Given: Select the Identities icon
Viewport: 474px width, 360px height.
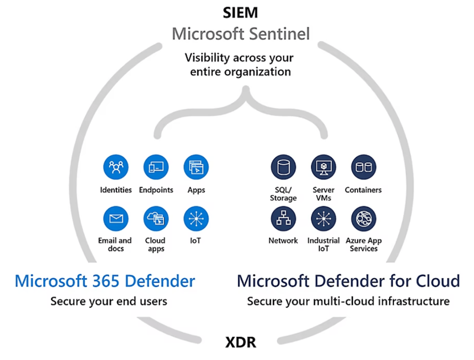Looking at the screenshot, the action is click(116, 167).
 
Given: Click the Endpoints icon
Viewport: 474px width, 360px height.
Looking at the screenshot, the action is click(156, 167).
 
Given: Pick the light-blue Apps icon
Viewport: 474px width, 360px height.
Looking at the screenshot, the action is click(196, 167).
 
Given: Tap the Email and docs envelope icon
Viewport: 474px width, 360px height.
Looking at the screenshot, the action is click(116, 218).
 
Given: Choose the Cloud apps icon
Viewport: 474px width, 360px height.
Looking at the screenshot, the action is click(156, 218).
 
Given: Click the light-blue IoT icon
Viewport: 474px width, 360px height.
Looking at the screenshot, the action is click(196, 218).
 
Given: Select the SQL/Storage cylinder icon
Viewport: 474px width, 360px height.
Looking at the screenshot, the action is click(283, 167).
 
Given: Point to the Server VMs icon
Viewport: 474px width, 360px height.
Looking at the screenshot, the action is click(324, 167).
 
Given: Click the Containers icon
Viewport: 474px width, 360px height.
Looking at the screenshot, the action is click(363, 167).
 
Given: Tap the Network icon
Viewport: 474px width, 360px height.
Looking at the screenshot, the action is click(283, 218).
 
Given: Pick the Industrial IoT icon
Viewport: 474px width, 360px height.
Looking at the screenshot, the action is click(324, 218).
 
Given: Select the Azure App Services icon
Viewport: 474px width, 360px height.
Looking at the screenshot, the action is click(363, 218).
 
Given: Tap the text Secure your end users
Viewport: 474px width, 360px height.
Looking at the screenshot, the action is click(109, 301).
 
